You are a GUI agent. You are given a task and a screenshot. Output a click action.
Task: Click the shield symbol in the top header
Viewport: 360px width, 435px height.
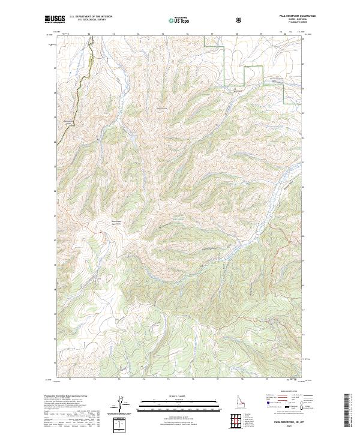(238, 20)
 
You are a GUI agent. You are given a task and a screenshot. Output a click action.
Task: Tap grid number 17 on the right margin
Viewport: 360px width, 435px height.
(304, 310)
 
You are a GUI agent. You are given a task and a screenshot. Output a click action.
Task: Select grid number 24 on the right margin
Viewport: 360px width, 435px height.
(304, 139)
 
